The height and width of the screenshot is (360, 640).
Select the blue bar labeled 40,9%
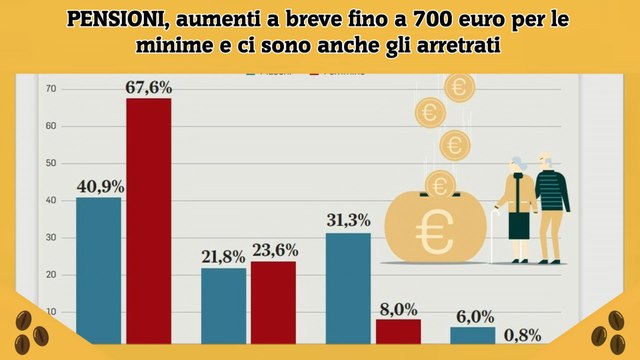[98, 270]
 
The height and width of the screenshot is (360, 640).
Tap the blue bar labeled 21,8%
[223, 305]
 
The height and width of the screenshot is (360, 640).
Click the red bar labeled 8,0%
[398, 331]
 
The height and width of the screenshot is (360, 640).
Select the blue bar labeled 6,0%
[472, 335]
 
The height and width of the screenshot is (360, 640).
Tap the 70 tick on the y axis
[50, 90]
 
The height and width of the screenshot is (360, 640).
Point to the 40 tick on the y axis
[50, 201]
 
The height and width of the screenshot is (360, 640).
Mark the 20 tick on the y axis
[50, 275]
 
